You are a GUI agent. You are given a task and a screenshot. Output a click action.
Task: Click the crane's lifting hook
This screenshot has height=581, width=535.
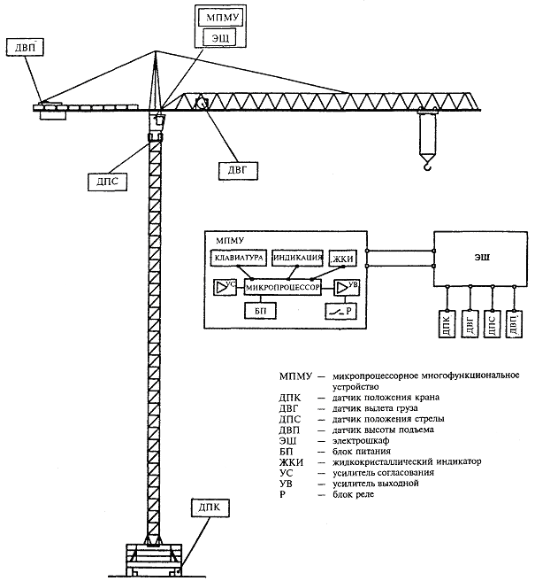[428, 161]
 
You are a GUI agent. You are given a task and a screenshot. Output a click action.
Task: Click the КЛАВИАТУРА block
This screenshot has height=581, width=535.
[237, 258]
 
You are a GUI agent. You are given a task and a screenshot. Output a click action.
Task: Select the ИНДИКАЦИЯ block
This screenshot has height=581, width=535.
[297, 258]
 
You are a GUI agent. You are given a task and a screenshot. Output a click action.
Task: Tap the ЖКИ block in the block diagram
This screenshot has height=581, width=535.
[341, 259]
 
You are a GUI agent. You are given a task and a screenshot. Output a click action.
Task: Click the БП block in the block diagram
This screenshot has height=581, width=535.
[258, 311]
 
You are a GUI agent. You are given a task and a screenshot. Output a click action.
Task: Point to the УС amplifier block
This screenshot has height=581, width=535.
[225, 287]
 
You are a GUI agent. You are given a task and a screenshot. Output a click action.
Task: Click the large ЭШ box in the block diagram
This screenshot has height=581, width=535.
[480, 259]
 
